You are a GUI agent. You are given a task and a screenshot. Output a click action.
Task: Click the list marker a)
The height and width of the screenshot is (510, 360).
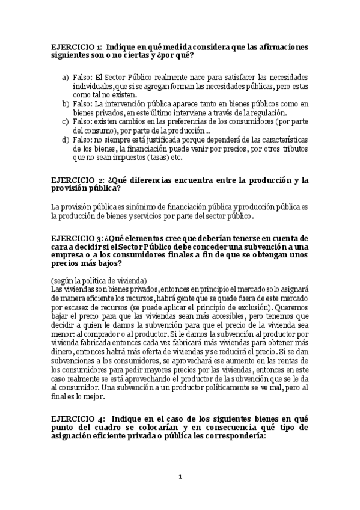pyautogui.click(x=65, y=79)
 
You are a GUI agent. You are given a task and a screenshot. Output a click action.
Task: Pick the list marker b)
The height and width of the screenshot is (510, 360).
pyautogui.click(x=65, y=104)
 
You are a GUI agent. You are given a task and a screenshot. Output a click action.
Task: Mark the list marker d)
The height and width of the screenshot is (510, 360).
pyautogui.click(x=65, y=140)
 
